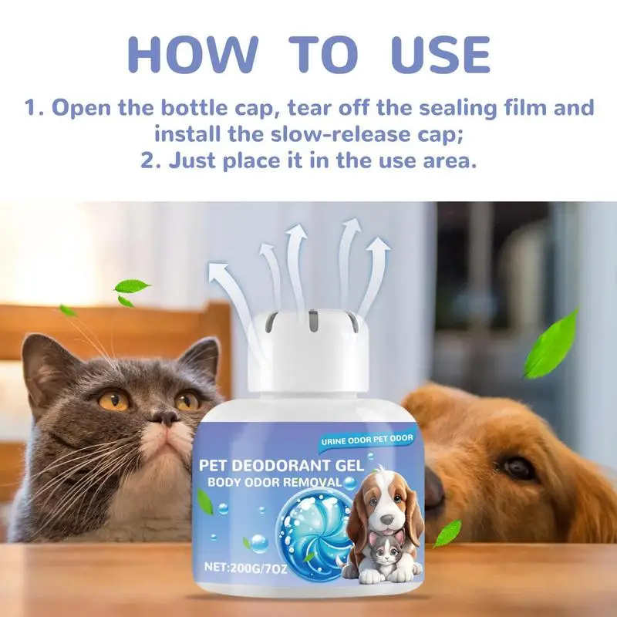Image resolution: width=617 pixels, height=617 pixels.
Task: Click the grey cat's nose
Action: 163,417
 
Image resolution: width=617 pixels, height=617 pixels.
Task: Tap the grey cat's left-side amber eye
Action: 113,400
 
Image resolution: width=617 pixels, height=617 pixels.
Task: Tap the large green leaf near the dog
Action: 552,343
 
